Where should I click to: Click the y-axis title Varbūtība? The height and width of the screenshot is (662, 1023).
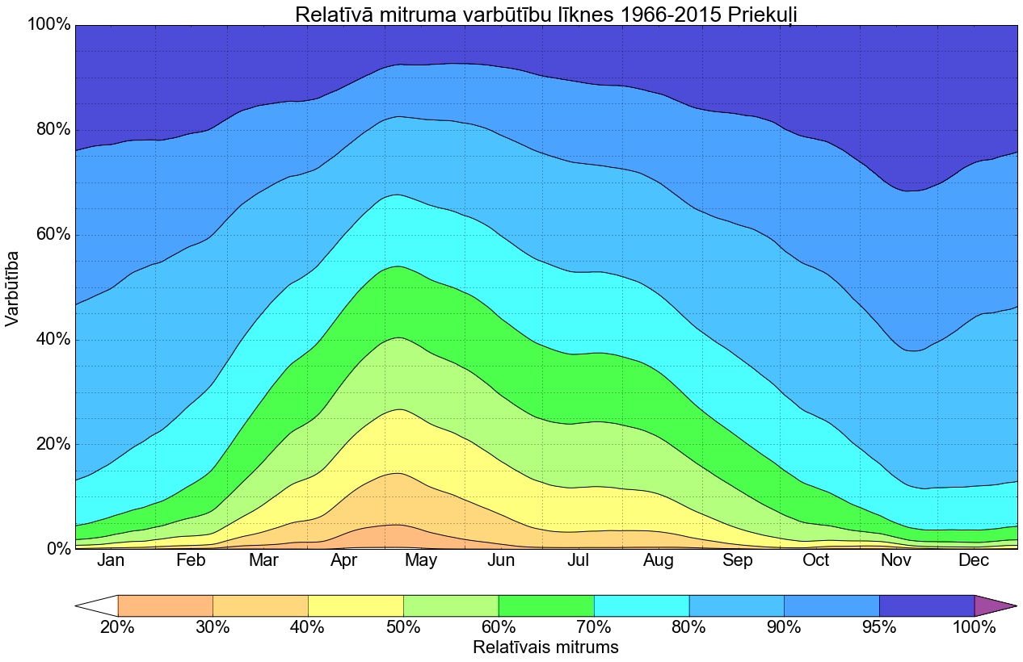click(13, 287)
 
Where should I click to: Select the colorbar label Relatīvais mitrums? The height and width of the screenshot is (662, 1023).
click(545, 647)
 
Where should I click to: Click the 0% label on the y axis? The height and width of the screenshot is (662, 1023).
click(54, 549)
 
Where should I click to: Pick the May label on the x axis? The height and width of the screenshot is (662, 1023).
click(421, 560)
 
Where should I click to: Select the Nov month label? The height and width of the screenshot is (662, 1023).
click(895, 560)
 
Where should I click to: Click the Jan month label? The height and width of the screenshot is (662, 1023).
click(111, 560)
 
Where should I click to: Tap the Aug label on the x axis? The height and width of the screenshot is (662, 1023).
click(658, 560)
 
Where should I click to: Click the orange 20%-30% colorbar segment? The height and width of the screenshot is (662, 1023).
click(165, 605)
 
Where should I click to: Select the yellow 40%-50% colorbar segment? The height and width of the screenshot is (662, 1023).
click(356, 605)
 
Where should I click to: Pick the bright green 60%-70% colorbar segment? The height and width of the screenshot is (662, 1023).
click(546, 605)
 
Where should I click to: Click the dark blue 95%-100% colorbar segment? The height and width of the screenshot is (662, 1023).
click(927, 605)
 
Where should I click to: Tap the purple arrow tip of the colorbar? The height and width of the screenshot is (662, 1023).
click(992, 605)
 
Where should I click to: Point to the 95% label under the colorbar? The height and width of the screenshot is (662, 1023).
click(879, 626)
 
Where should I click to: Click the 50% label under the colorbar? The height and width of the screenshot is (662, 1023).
click(403, 626)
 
